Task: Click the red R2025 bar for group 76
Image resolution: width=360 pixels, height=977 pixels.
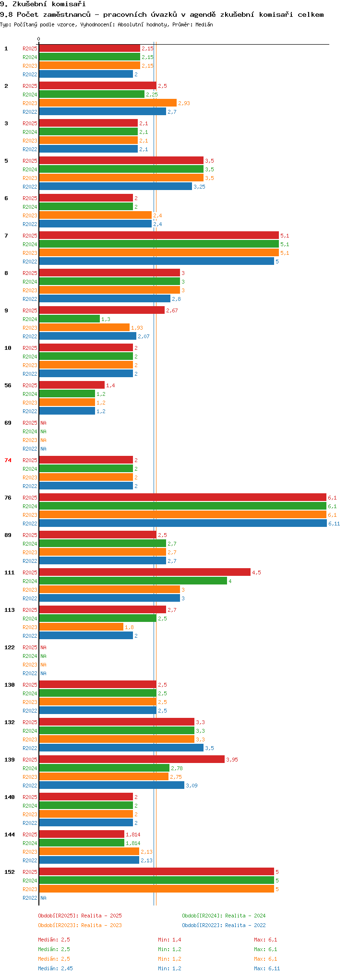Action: coord(182,498)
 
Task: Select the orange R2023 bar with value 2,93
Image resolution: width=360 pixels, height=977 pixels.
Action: coord(108,103)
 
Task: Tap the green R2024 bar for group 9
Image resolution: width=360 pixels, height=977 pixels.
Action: coord(69,319)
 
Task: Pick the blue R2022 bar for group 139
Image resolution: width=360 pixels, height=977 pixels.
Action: coord(111,786)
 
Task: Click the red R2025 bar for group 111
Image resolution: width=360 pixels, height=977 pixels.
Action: coord(144,572)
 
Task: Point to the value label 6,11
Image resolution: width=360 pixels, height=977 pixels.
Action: coord(334,524)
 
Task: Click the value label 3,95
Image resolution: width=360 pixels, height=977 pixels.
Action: coord(232,760)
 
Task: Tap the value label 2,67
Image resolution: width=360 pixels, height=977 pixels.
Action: coord(172,310)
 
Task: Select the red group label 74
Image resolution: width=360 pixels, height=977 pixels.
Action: coord(8,460)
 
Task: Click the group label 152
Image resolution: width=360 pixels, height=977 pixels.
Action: coord(10,872)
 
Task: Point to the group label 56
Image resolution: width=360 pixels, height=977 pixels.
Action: coord(8,385)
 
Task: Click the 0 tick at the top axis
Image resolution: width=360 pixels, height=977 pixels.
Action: coord(39,39)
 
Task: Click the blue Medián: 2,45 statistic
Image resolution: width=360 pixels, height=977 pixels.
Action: coord(56,968)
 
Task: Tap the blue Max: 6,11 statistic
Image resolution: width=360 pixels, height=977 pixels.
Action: coord(267,968)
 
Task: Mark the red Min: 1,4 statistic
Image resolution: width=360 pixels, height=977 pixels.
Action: coord(169,940)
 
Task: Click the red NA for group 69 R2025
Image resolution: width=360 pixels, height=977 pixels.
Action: coord(43,423)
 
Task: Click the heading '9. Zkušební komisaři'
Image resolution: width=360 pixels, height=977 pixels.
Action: coord(43,4)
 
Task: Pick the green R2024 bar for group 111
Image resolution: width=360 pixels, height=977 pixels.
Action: coord(133,581)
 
